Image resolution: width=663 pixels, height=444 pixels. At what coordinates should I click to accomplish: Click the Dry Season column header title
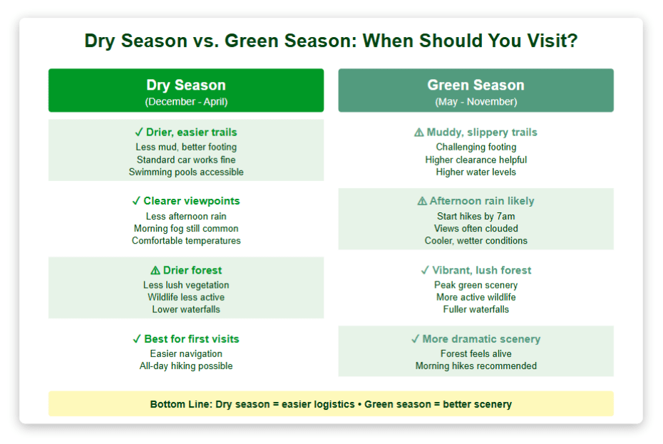coord(186,85)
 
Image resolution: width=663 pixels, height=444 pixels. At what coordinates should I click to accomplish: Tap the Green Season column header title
coord(476,85)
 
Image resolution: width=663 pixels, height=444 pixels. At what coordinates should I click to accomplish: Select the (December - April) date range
coord(186,102)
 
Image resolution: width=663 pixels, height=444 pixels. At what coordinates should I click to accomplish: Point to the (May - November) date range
coord(476,102)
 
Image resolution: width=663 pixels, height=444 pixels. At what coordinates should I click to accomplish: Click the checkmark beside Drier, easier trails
coord(139,133)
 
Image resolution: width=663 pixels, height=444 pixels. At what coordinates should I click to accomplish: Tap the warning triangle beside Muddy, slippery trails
coord(418,133)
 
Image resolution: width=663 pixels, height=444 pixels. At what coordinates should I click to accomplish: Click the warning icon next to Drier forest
coord(155,270)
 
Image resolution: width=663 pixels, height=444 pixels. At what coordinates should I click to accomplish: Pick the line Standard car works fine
coord(186,160)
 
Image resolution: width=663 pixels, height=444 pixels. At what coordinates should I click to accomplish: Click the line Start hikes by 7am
coord(476,217)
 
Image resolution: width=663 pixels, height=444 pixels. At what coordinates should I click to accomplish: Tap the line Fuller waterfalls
coord(476,309)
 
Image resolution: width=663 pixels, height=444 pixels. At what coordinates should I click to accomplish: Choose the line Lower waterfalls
coord(186,309)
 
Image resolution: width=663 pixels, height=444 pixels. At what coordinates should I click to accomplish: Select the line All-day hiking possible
coord(186,366)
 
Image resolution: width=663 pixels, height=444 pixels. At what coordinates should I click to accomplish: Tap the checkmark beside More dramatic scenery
coord(415,339)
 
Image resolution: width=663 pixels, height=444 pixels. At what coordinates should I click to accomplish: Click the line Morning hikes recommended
coord(476,366)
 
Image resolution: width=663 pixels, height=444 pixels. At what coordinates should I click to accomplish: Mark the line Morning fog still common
coord(186,229)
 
